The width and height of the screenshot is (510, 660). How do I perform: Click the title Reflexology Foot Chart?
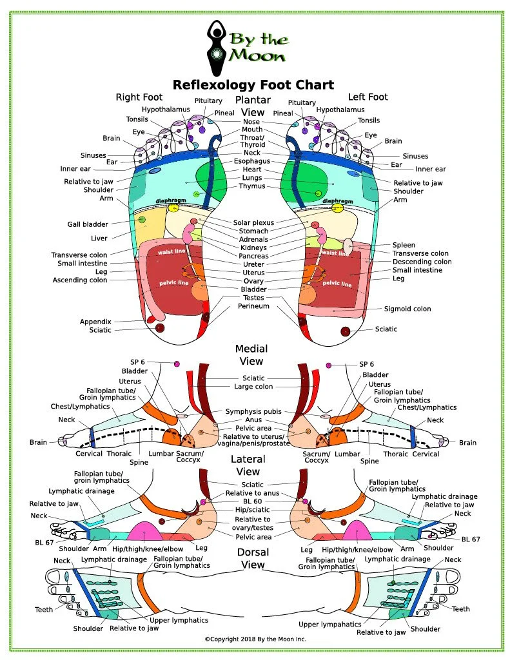(253, 84)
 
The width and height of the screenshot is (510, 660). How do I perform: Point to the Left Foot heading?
(368, 97)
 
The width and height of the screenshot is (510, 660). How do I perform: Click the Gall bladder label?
(87, 225)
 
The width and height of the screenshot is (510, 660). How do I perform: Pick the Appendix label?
(95, 322)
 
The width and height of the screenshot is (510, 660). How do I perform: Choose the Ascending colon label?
(80, 280)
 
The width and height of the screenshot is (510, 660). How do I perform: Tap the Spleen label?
(404, 246)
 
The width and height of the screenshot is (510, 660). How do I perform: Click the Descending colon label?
(422, 262)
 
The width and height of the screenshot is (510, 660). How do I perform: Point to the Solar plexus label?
(253, 222)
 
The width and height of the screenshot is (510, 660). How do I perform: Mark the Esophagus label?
(252, 160)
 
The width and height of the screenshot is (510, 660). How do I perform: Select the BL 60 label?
(253, 501)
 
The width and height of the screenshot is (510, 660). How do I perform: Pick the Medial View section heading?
(251, 354)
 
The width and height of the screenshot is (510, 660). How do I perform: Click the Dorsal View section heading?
(253, 558)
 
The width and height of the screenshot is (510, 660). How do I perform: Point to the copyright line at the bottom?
(255, 639)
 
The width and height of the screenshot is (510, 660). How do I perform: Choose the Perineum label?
(253, 306)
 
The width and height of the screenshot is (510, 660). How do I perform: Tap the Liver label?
(99, 238)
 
